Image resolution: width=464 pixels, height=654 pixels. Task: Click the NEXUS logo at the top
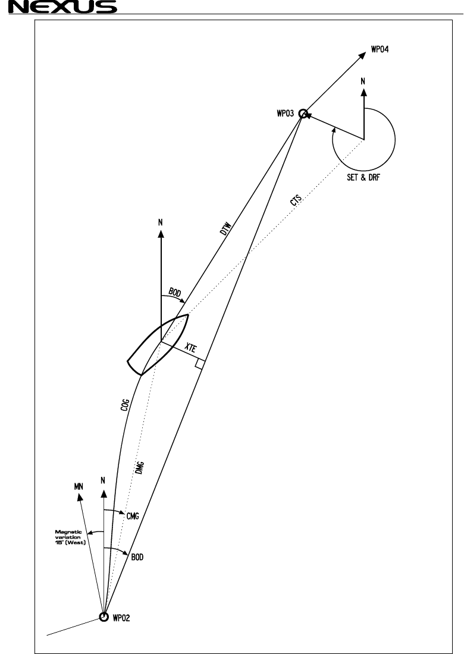tap(58, 7)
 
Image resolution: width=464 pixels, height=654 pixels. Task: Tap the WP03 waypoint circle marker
tap(303, 113)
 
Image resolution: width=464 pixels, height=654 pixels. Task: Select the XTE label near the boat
tap(190, 350)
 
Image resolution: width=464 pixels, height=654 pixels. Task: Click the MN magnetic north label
tap(77, 486)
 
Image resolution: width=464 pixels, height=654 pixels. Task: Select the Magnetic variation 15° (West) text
tap(71, 537)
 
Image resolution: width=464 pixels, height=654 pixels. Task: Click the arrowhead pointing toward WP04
tap(362, 54)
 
